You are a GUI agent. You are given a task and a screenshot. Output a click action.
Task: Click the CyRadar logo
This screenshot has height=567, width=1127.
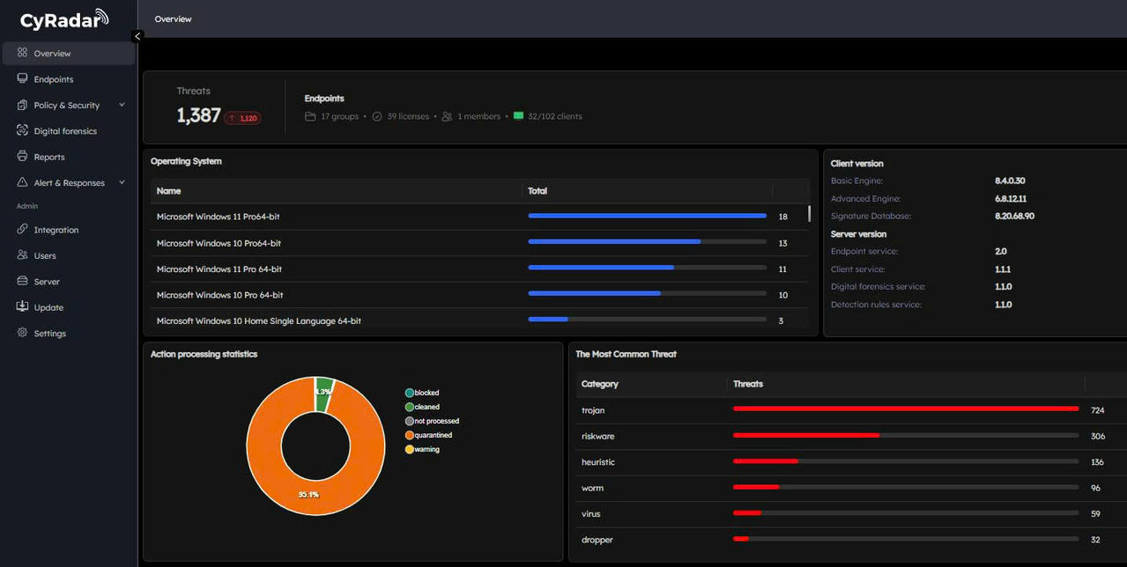(64, 19)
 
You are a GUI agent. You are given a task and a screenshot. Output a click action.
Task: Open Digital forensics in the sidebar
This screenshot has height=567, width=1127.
(64, 131)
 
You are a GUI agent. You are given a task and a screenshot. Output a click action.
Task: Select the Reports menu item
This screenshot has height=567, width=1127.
(48, 157)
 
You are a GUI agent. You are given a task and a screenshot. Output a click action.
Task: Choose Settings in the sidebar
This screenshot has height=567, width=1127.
(49, 334)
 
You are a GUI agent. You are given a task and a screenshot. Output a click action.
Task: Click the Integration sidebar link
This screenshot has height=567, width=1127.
(56, 230)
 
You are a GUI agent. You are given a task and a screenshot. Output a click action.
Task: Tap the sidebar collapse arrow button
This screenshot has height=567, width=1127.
(137, 36)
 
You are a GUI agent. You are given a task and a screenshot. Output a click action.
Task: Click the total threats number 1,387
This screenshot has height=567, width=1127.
(198, 115)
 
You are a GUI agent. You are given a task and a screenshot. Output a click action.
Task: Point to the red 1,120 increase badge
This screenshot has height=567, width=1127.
(242, 118)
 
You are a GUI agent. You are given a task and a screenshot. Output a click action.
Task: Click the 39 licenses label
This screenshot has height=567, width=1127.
(407, 116)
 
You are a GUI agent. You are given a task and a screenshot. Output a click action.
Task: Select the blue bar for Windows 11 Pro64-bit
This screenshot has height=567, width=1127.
(647, 216)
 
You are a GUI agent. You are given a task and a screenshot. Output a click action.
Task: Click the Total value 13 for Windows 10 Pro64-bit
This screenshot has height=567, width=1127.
(782, 243)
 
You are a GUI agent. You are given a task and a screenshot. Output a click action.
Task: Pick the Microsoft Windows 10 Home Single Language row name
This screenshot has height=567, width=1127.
(258, 321)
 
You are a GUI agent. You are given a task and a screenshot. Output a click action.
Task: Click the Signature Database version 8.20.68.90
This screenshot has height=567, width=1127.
(1014, 217)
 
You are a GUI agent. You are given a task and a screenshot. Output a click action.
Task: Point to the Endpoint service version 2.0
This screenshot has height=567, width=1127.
(1000, 252)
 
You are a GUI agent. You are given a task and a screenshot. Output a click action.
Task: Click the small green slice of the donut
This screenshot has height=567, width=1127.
(323, 394)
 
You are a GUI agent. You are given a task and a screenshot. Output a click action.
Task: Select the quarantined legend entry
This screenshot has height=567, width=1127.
(432, 435)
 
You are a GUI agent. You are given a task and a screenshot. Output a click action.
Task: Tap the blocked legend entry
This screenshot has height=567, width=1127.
(426, 393)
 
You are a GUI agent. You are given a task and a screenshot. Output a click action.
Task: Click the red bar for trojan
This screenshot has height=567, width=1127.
(905, 409)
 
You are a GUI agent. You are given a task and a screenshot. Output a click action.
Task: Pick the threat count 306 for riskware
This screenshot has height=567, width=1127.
(1097, 437)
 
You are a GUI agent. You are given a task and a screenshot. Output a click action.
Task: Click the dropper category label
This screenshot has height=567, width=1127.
(597, 540)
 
